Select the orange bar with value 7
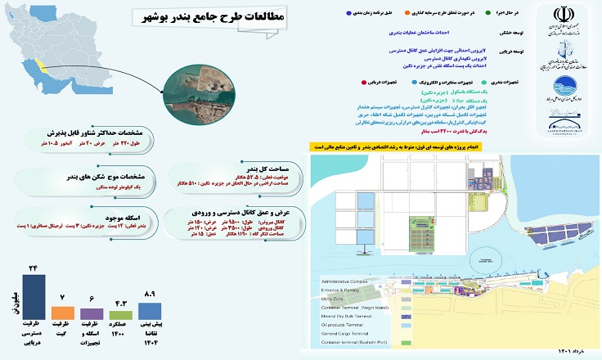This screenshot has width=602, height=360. (x=62, y=313)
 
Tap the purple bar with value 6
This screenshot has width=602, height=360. (x=92, y=313)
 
